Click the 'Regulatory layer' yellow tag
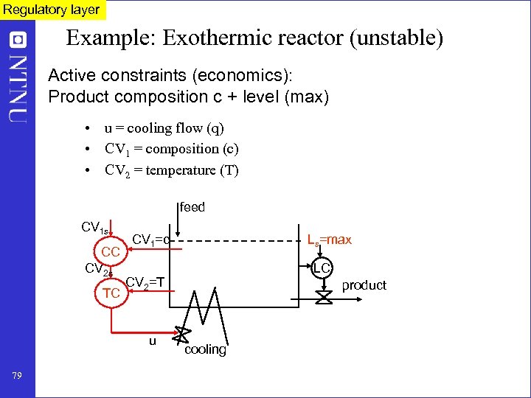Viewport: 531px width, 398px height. (52, 10)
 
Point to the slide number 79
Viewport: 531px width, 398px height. (17, 377)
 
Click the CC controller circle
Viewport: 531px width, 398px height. (111, 252)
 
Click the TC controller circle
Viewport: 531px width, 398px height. (111, 293)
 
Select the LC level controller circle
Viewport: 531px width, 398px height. (322, 268)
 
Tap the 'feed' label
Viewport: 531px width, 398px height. (192, 208)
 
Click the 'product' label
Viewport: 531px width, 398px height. (364, 285)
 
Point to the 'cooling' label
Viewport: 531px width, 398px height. (205, 349)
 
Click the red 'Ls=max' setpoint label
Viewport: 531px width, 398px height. (329, 240)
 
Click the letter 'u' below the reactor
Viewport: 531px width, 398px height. (153, 341)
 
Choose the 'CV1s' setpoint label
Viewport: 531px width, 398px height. (95, 228)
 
